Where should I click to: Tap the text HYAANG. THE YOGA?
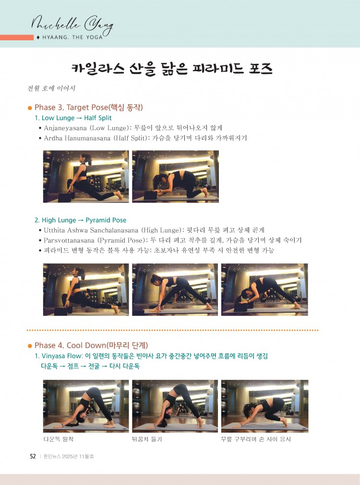(x=72, y=37)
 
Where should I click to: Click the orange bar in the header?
(x=17, y=37)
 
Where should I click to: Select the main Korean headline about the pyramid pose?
(x=172, y=69)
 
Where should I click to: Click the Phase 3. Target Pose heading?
(x=88, y=108)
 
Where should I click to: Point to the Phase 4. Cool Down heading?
(x=91, y=345)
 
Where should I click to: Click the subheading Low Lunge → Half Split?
(x=73, y=118)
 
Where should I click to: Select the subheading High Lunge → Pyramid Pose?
(x=81, y=220)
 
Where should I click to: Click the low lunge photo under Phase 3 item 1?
(x=86, y=177)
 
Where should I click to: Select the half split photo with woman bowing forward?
(x=175, y=177)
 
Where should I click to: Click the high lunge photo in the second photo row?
(x=86, y=290)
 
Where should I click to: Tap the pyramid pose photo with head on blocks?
(x=265, y=290)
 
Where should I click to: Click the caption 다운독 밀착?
(x=59, y=439)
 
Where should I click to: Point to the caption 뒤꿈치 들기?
(x=147, y=439)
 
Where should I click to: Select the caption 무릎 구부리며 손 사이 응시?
(x=256, y=439)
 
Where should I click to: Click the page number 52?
(x=33, y=457)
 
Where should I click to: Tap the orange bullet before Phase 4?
(x=30, y=346)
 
